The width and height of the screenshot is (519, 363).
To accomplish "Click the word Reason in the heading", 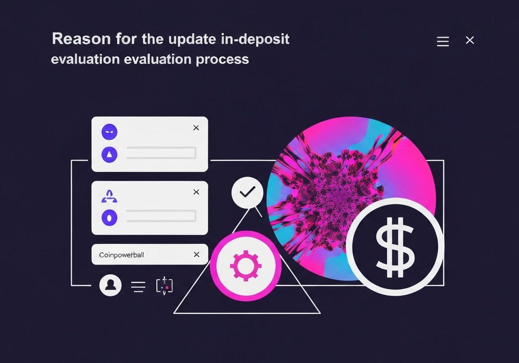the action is tap(81, 38).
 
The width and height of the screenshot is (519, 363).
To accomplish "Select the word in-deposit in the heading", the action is tap(255, 40).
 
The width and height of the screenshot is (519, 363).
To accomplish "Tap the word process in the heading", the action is tap(223, 60).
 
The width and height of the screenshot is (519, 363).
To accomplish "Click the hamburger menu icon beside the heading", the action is tap(443, 41).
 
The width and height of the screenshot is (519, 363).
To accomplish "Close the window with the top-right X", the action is tap(470, 40).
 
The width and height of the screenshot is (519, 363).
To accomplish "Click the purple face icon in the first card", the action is tap(109, 132).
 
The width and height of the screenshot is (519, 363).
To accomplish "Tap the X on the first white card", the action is tap(196, 128).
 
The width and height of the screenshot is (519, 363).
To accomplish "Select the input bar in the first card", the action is tap(161, 153).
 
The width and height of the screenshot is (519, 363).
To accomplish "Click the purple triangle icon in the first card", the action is tap(109, 154).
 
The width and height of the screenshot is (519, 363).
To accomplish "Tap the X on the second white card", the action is tap(196, 192).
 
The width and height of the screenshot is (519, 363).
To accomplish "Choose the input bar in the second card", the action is tap(161, 216).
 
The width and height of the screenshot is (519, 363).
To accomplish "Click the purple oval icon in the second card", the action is tap(109, 218).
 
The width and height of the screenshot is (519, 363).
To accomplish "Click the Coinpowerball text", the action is tap(121, 255).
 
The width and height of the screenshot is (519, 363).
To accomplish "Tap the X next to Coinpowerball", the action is tap(197, 254).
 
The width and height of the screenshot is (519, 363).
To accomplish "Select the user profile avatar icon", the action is tap(110, 285).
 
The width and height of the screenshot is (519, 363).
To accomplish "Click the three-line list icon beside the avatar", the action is tap(138, 286).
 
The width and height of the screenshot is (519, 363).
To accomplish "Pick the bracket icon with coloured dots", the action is tap(164, 286).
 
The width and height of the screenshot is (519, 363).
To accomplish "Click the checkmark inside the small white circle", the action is tap(247, 192).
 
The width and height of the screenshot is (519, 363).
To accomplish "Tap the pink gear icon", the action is tap(246, 266).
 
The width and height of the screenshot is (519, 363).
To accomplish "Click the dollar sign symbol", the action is tap(395, 247).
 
